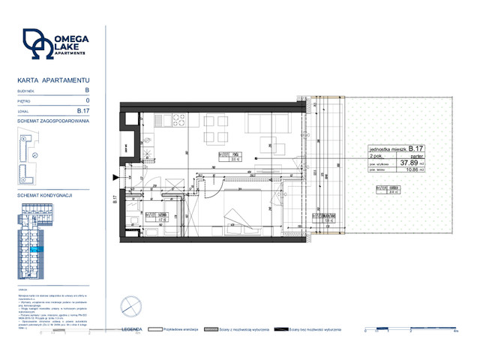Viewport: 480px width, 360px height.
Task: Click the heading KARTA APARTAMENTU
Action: tap(53, 79)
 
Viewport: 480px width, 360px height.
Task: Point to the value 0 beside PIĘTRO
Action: tap(88, 100)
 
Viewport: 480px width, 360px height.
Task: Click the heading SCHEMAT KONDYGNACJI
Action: tap(44, 194)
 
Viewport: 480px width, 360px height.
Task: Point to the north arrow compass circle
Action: tap(129, 305)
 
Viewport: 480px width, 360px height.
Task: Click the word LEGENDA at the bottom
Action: tap(132, 328)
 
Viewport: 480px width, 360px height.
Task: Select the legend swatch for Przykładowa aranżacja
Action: tap(157, 328)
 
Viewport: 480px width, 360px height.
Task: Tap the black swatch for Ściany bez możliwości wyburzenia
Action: tap(281, 328)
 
